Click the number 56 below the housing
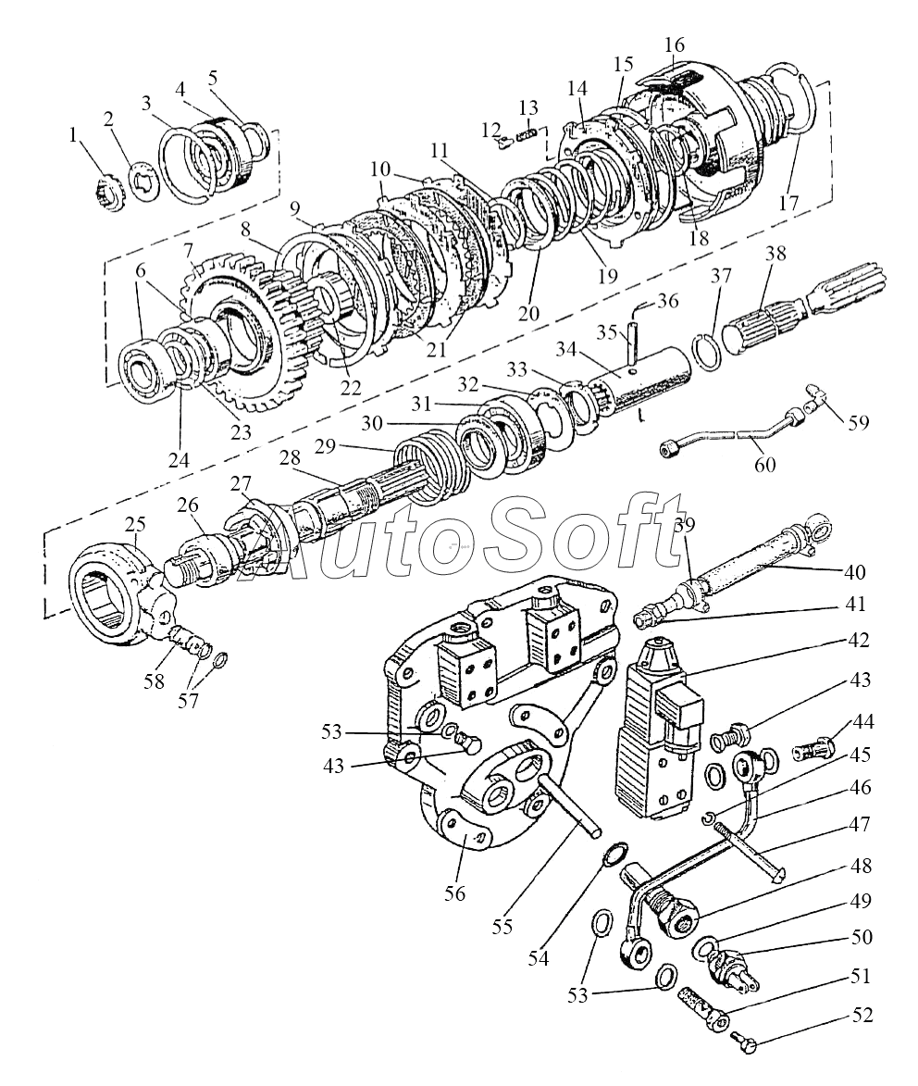pos(454,893)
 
